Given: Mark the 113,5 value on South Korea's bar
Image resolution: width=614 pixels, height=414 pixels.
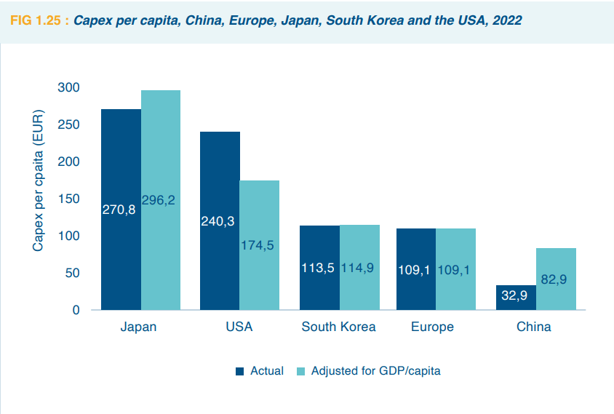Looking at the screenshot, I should [x=318, y=268].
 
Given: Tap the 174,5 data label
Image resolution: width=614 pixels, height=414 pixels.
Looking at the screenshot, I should [x=257, y=245].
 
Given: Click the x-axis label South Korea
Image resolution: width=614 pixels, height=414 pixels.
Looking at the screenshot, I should [x=338, y=327].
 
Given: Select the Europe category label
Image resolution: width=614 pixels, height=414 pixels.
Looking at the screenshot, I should [x=432, y=327].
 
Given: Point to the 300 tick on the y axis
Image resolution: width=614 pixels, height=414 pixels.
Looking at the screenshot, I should [x=69, y=87].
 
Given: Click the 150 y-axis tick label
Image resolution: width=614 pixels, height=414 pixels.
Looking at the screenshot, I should [x=69, y=199].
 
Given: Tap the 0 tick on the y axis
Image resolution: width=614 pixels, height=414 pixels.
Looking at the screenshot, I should [x=75, y=310].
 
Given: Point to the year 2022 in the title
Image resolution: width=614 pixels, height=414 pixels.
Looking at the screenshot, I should [x=506, y=20].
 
